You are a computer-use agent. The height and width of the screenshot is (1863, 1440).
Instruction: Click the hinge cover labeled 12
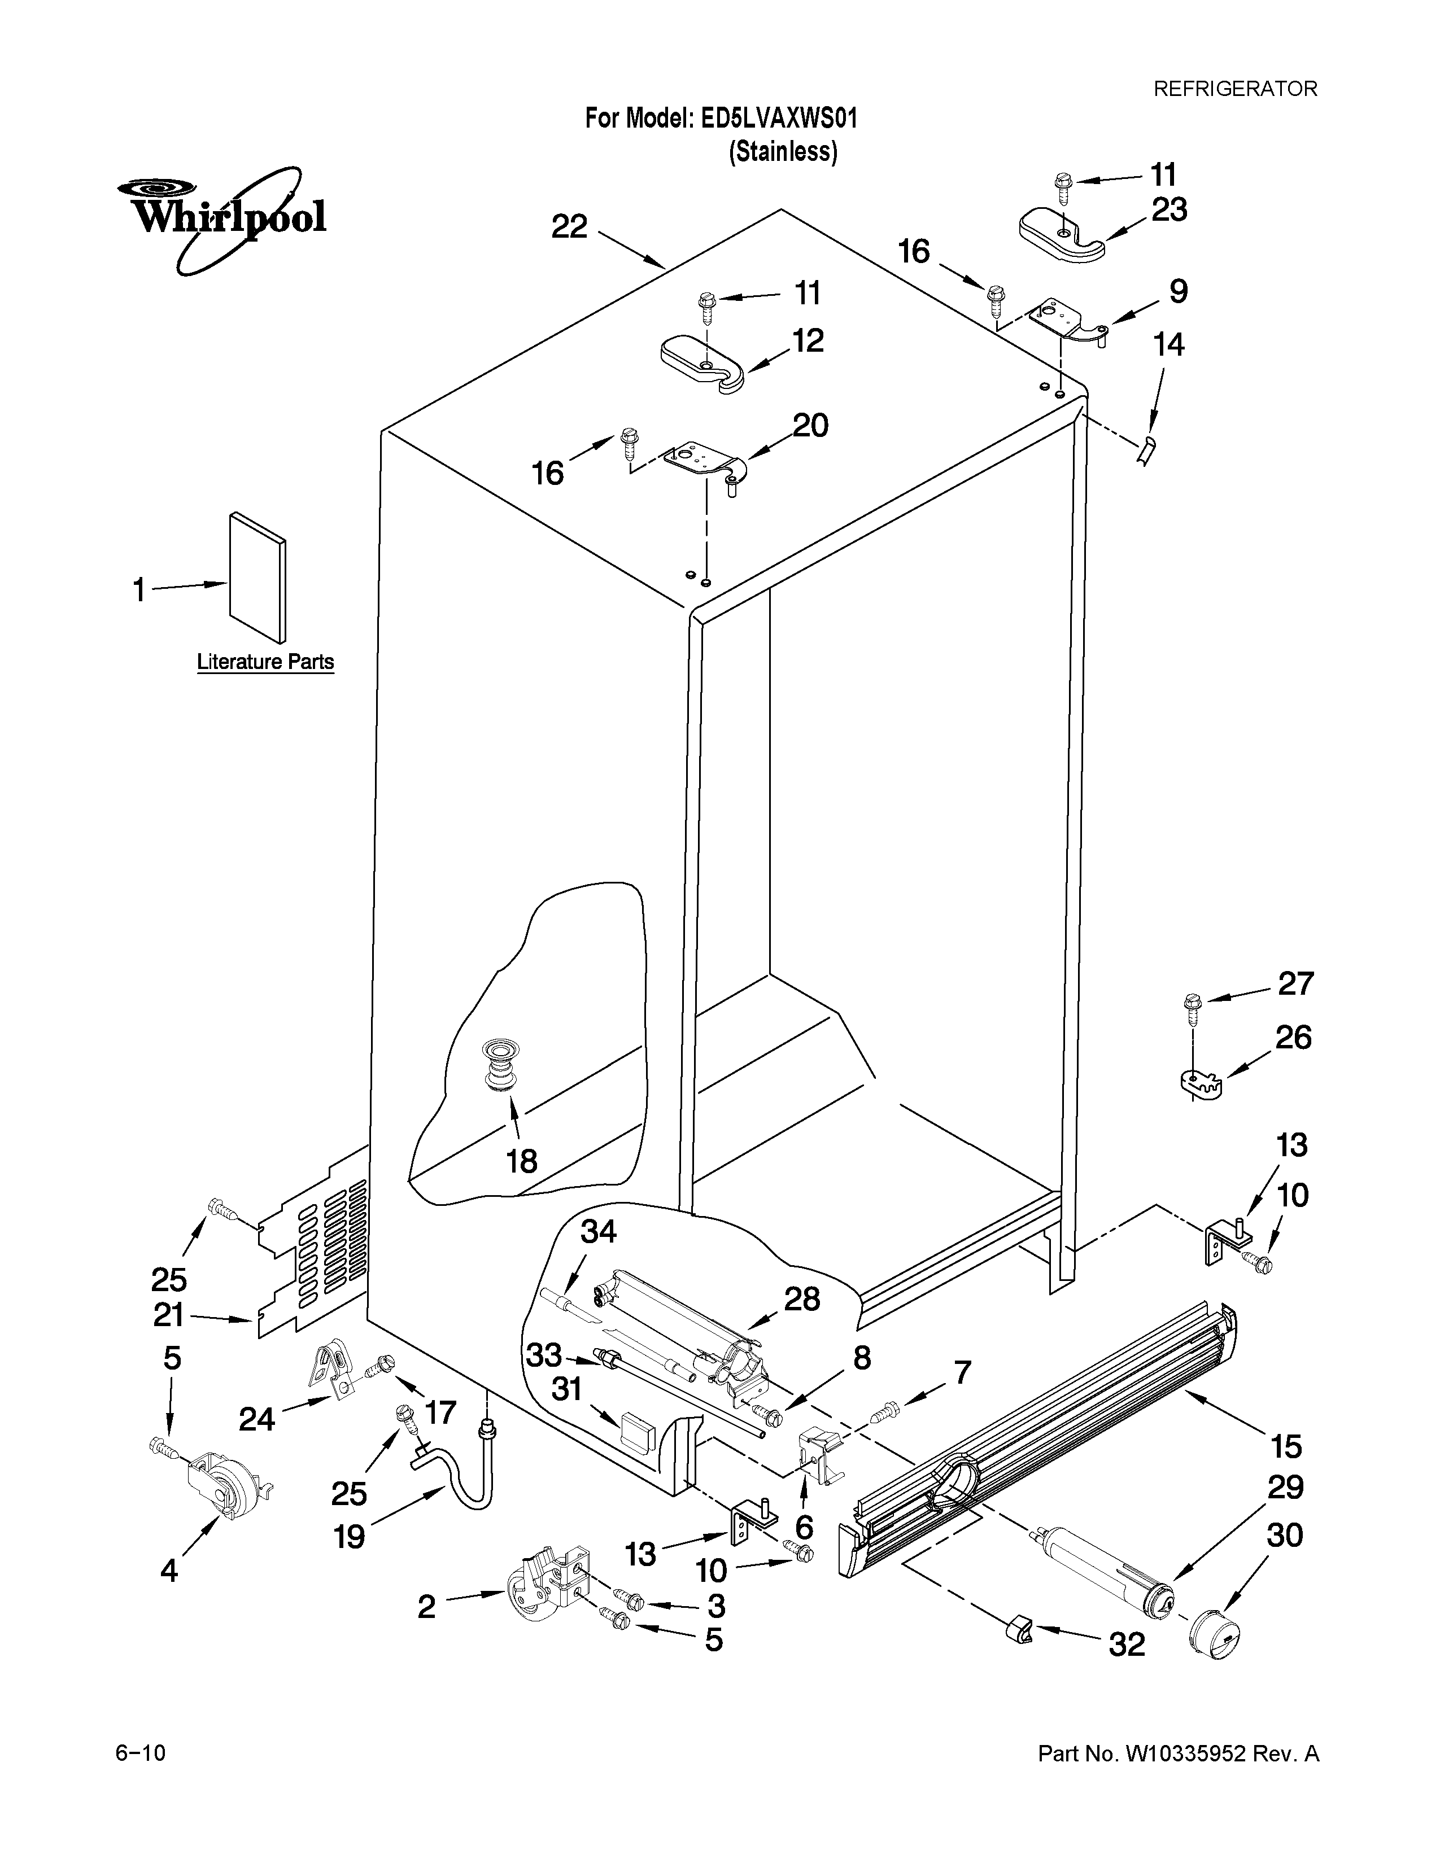705,364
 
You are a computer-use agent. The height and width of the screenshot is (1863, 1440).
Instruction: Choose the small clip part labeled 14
1146,449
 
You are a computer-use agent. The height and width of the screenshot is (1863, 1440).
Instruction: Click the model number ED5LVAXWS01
778,119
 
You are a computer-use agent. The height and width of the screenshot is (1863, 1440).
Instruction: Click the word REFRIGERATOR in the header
1235,89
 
